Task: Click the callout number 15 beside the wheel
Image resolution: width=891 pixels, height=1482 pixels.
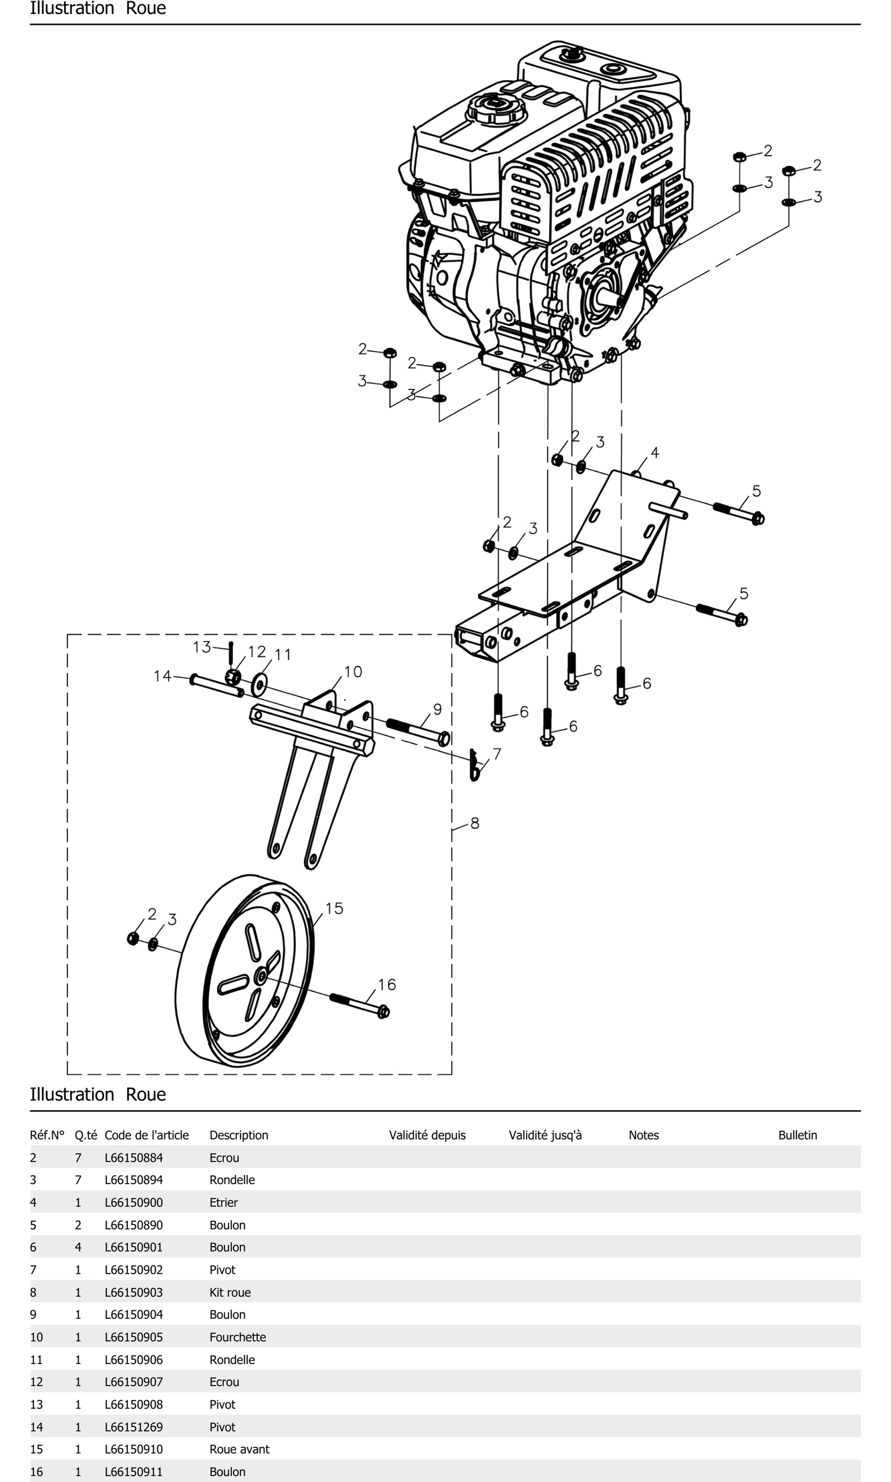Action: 334,908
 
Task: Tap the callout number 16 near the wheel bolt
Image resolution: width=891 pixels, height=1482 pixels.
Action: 387,984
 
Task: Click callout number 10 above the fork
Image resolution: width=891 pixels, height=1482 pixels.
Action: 353,672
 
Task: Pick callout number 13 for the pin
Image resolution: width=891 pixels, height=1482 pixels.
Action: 202,647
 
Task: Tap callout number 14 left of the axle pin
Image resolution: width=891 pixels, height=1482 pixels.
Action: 162,676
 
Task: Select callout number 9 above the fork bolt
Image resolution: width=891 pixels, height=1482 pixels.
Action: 438,709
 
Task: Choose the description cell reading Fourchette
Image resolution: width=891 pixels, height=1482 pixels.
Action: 238,1337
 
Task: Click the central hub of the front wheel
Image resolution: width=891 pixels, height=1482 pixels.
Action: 261,976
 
